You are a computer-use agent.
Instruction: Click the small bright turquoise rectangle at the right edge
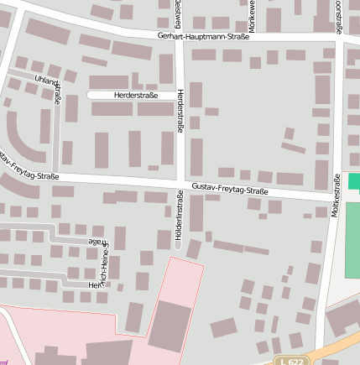(x=353, y=181)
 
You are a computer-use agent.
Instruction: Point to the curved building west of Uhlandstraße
(x=23, y=138)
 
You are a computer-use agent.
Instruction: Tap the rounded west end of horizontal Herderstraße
(x=91, y=96)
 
